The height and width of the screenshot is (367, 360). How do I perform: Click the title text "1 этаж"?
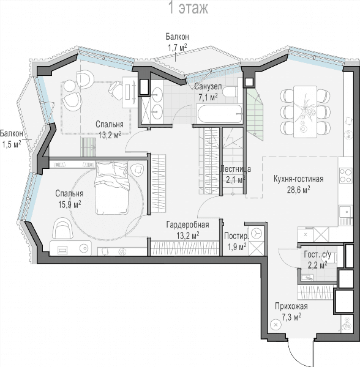(x=188, y=8)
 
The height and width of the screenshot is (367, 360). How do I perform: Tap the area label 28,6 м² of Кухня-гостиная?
(x=299, y=190)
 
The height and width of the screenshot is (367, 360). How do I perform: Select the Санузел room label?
(x=208, y=86)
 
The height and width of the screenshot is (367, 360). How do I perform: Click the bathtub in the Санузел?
(x=219, y=114)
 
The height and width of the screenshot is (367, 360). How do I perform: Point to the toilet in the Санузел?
(x=230, y=92)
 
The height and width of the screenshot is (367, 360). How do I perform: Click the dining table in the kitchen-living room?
(x=305, y=112)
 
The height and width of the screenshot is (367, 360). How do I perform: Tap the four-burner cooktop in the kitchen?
(x=345, y=175)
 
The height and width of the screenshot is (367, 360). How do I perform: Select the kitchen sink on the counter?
(x=345, y=212)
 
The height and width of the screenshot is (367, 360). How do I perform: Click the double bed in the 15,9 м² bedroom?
(x=111, y=188)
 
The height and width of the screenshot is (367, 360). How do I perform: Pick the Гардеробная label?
(x=187, y=224)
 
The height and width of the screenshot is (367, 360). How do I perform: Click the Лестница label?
(x=236, y=169)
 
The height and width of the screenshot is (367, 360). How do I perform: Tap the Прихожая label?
(x=291, y=306)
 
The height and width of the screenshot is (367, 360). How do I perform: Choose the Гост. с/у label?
(x=317, y=255)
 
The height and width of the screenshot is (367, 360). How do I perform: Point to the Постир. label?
(x=236, y=236)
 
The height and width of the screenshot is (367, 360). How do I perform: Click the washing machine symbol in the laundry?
(x=256, y=234)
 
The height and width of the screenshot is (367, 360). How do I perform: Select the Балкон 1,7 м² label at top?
(x=178, y=42)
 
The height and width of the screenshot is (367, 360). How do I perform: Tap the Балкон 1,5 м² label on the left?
(x=12, y=139)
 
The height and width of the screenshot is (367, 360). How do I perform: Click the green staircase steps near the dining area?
(x=255, y=115)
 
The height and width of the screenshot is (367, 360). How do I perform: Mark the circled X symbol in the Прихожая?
(x=276, y=325)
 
